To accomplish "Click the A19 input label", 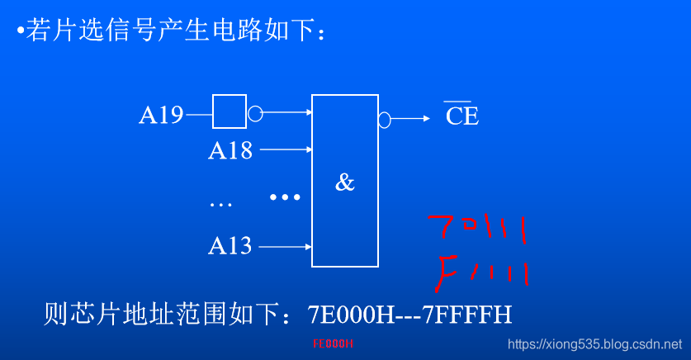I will (161, 115).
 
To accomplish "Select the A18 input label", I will (230, 150).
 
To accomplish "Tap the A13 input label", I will (230, 245).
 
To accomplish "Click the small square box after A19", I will (230, 111).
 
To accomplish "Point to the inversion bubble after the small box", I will (255, 113).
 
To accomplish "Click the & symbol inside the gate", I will (344, 182).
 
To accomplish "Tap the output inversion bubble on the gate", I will (384, 120).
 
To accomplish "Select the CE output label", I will (461, 116).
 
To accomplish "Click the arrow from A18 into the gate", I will (286, 150).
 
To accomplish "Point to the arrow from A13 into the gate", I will (286, 246).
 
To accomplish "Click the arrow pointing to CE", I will (410, 119).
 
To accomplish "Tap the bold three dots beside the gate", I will (285, 197).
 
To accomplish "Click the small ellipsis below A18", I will (220, 203).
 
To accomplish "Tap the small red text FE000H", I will (333, 343).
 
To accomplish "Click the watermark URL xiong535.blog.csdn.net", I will (594, 343).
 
